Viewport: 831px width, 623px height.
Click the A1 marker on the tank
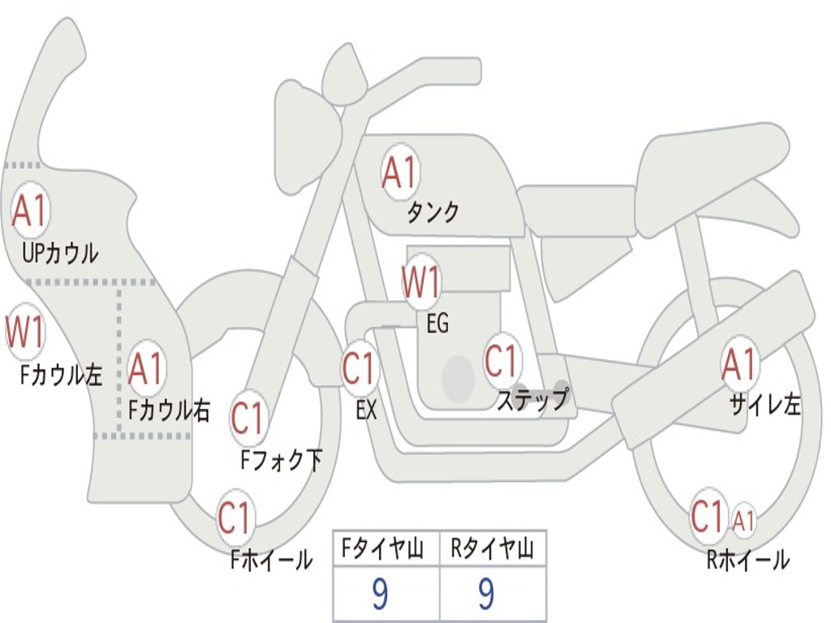pyautogui.click(x=400, y=172)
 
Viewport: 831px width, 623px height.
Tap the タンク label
pyautogui.click(x=433, y=213)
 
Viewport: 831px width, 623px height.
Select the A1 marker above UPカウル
pyautogui.click(x=30, y=210)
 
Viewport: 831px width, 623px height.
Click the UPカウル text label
pyautogui.click(x=60, y=253)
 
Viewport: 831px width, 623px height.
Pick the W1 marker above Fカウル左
pyautogui.click(x=25, y=332)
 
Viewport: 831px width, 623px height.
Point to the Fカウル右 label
pyautogui.click(x=170, y=410)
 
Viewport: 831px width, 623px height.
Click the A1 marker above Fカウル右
pyautogui.click(x=146, y=367)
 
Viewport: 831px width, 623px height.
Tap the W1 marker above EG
pyautogui.click(x=421, y=281)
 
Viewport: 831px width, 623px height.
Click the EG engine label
pyautogui.click(x=437, y=323)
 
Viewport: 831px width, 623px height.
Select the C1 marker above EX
pyautogui.click(x=360, y=367)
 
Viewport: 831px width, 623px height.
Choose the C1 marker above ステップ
pyautogui.click(x=502, y=361)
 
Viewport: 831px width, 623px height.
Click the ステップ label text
pyautogui.click(x=532, y=399)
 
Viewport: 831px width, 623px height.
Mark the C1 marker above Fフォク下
pyautogui.click(x=248, y=419)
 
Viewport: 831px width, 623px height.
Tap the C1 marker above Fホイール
pyautogui.click(x=235, y=517)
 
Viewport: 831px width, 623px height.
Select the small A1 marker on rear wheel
pyautogui.click(x=743, y=521)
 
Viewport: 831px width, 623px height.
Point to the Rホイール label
pyautogui.click(x=749, y=560)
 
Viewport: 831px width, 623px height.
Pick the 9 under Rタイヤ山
pyautogui.click(x=486, y=593)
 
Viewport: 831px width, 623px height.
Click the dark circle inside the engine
pyautogui.click(x=459, y=378)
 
